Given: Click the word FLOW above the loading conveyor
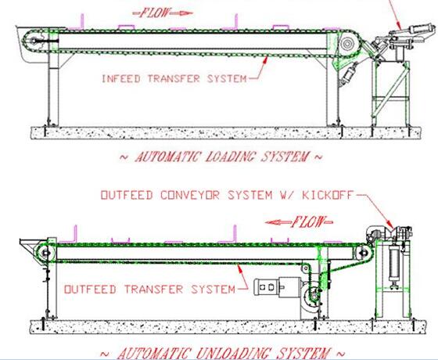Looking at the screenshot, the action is (x=155, y=13).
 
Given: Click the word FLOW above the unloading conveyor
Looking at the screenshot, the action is (x=308, y=222).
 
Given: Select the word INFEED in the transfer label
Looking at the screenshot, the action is (x=121, y=78).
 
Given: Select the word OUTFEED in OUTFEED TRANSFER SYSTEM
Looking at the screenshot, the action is (x=90, y=289).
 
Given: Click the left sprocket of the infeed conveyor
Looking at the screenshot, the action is (x=34, y=41).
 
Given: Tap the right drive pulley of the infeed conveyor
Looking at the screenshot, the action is (x=347, y=44).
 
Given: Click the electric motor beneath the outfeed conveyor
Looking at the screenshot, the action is (x=278, y=286).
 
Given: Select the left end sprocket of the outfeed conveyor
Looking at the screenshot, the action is (x=45, y=253).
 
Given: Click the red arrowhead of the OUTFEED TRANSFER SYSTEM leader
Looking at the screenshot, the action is (x=239, y=269).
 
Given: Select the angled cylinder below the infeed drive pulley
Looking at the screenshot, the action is (x=348, y=74).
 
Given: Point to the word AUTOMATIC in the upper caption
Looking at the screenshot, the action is (x=169, y=157).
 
